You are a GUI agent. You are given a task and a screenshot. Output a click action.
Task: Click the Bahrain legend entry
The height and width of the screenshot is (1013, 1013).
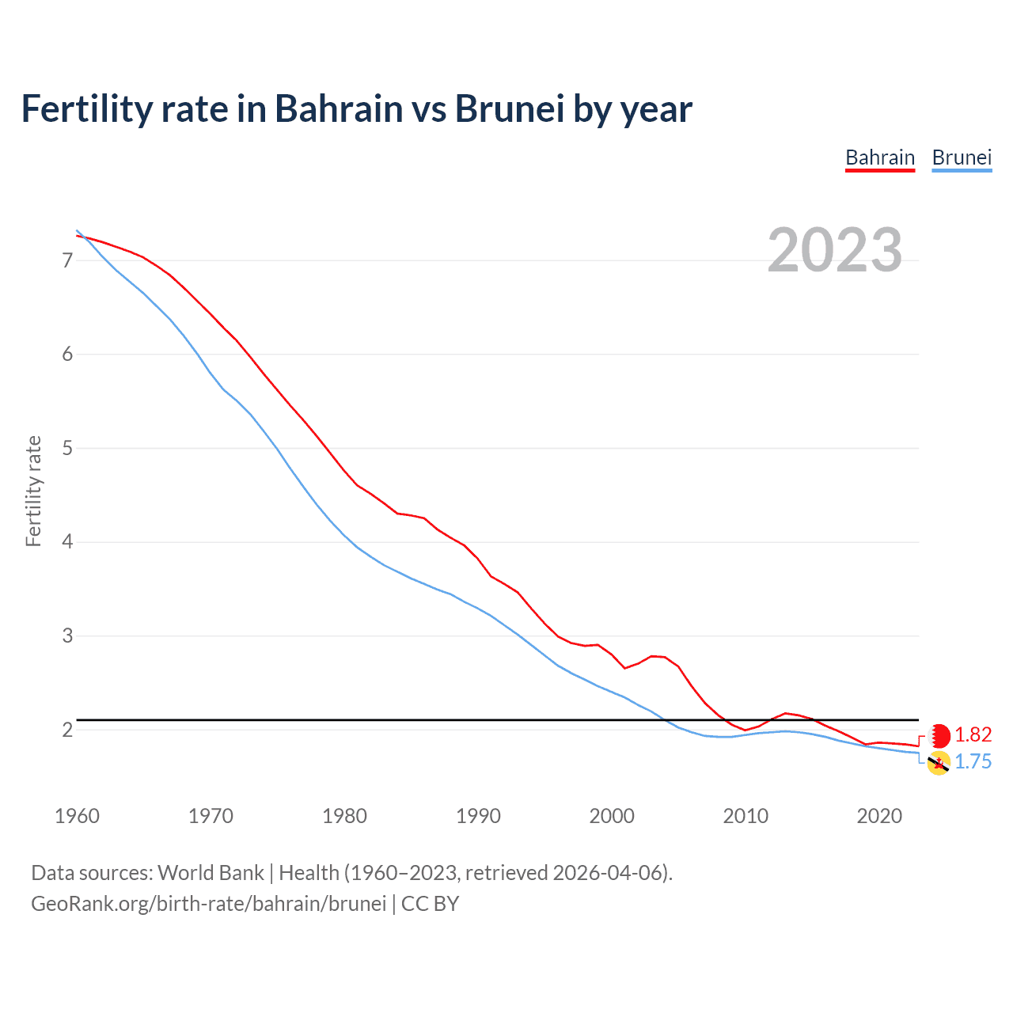point(880,157)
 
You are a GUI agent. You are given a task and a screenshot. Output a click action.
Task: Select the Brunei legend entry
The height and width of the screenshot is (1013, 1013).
point(962,157)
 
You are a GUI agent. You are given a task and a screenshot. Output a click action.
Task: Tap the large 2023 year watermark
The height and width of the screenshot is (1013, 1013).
point(835,250)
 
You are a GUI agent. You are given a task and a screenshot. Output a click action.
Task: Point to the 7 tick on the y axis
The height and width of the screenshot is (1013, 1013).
point(67,260)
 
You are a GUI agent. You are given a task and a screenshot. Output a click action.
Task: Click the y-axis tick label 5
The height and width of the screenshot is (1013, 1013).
point(67,449)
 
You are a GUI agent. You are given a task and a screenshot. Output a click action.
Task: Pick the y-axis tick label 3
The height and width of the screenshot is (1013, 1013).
point(67,636)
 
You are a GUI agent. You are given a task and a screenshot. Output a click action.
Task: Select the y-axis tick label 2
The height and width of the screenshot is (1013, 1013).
point(67,730)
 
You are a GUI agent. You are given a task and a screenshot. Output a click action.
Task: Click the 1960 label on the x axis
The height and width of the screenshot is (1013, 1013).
point(77,816)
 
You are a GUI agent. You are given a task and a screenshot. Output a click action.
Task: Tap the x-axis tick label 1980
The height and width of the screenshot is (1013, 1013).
point(344,816)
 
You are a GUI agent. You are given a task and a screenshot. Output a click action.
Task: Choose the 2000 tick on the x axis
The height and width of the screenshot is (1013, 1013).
point(612,816)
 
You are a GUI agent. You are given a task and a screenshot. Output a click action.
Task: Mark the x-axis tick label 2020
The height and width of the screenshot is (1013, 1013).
point(879,816)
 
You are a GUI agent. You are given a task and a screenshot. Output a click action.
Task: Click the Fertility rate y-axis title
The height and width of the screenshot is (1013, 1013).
point(33,491)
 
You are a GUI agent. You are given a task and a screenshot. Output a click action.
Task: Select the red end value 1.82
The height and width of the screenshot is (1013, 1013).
point(973,735)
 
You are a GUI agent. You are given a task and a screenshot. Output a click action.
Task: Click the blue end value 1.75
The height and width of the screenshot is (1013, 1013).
point(973,762)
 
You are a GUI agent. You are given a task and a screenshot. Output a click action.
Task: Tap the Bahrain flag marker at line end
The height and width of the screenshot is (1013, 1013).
point(939,736)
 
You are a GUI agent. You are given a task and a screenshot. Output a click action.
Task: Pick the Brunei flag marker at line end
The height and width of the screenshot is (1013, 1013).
point(939,764)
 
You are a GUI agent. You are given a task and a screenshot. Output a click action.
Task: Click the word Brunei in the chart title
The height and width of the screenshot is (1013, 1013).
point(509,109)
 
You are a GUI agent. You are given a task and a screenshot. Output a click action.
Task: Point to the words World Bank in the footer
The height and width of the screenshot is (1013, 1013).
point(211,873)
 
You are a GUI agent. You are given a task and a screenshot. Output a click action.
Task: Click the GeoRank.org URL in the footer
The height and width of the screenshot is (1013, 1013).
point(208,904)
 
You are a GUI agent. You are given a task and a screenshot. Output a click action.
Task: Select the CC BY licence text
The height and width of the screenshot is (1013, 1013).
point(430,904)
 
